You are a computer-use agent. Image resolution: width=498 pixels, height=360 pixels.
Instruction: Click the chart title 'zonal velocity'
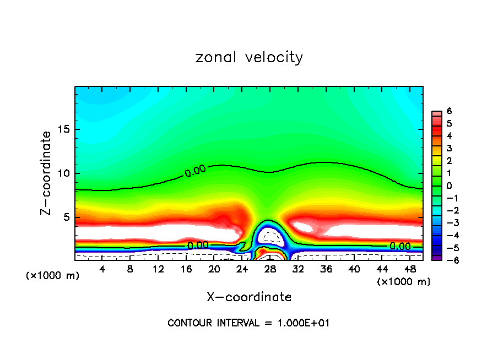click(x=248, y=57)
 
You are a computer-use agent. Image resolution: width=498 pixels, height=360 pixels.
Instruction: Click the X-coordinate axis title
click(x=248, y=297)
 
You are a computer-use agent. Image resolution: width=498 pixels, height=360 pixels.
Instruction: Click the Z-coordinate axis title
click(x=47, y=173)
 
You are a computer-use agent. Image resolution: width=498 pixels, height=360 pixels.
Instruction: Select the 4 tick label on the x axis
click(x=102, y=269)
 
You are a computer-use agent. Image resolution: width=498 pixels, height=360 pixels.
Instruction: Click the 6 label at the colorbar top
click(x=449, y=111)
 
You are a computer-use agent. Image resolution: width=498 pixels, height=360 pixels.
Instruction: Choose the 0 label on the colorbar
click(x=449, y=186)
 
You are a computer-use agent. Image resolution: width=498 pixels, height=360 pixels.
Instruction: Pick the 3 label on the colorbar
click(x=449, y=148)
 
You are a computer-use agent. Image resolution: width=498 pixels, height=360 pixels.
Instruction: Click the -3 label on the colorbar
click(x=447, y=223)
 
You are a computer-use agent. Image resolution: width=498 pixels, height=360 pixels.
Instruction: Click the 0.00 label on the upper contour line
click(x=196, y=171)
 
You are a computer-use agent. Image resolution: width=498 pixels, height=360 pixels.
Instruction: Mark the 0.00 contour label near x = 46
click(x=399, y=246)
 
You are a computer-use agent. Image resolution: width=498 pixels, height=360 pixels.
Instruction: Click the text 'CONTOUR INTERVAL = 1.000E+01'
click(x=248, y=323)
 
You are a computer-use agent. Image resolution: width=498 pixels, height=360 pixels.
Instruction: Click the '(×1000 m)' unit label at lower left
click(x=52, y=276)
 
